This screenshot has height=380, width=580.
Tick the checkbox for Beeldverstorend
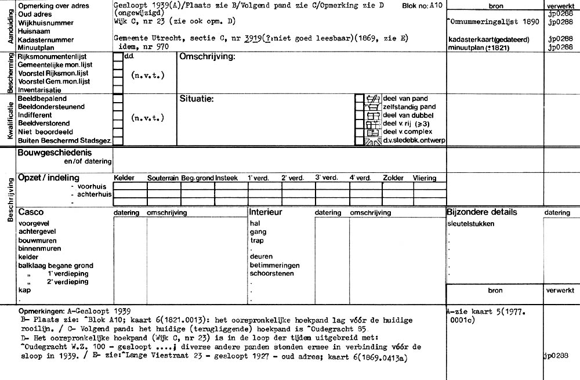click(118, 123)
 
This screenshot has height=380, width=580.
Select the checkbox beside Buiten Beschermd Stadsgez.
click(118, 140)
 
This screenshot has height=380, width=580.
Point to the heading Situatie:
click(197, 99)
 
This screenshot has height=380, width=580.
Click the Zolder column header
click(393, 178)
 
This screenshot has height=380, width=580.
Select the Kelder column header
click(125, 178)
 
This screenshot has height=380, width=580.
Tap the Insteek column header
click(226, 178)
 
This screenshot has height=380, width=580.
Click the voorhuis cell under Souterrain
click(164, 186)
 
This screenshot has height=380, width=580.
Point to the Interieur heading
click(266, 212)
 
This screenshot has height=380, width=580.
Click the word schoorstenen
click(271, 273)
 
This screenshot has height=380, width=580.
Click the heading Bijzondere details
click(481, 212)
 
